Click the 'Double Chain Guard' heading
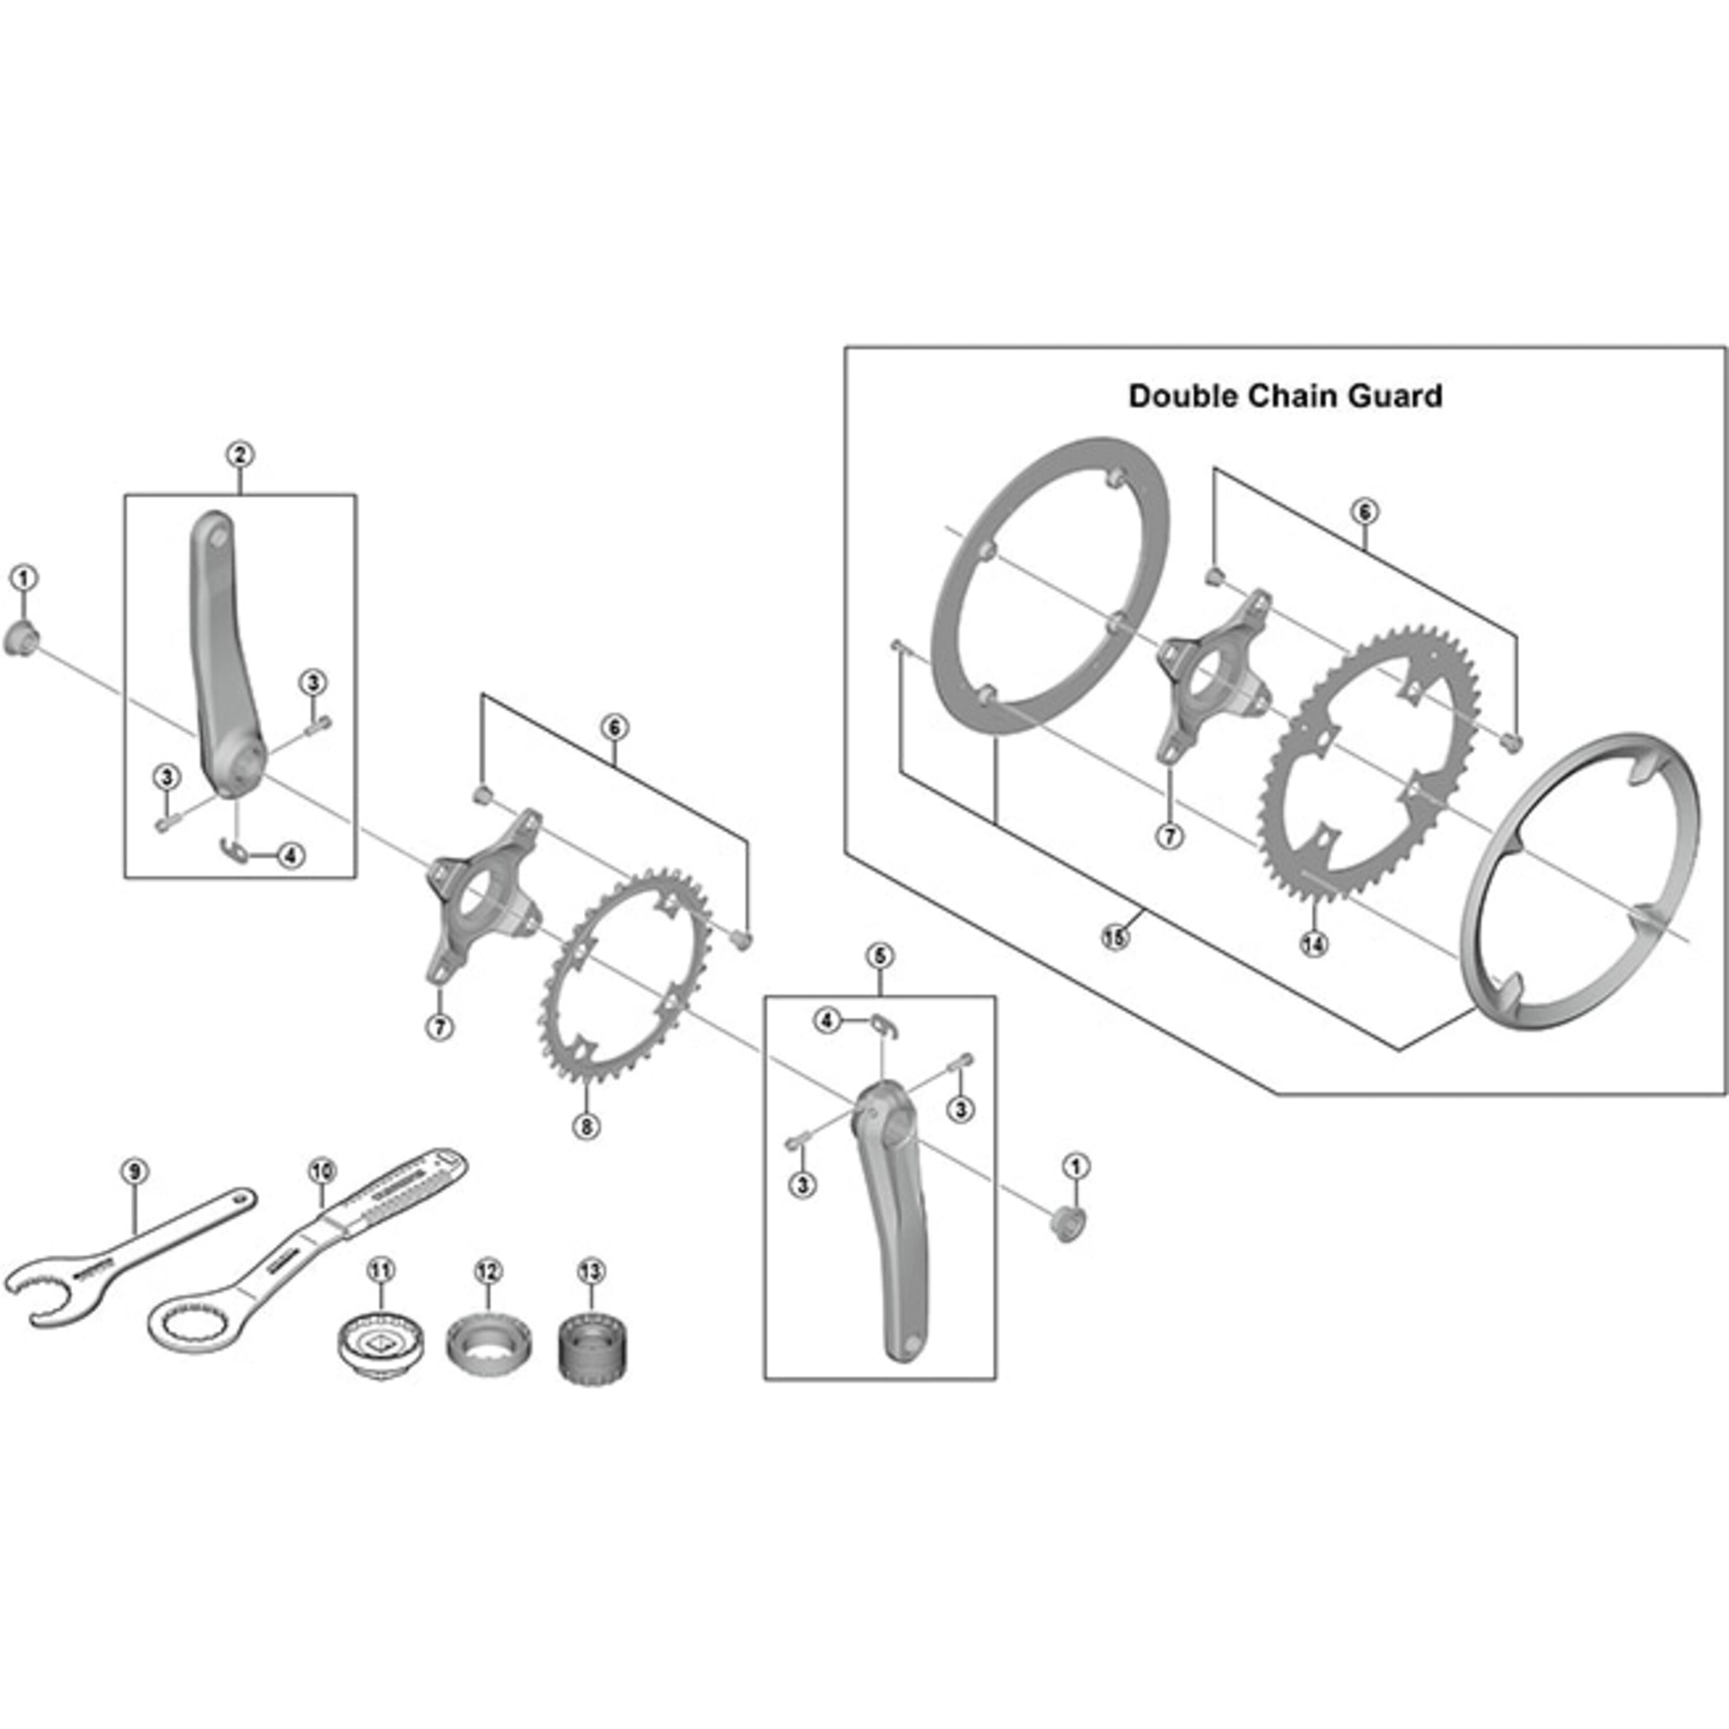point(1285,395)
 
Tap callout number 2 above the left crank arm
point(240,455)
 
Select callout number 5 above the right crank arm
point(879,956)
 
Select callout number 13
point(591,1271)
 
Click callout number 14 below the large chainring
point(1314,943)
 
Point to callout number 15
point(1114,938)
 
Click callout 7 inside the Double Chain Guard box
point(1170,837)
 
